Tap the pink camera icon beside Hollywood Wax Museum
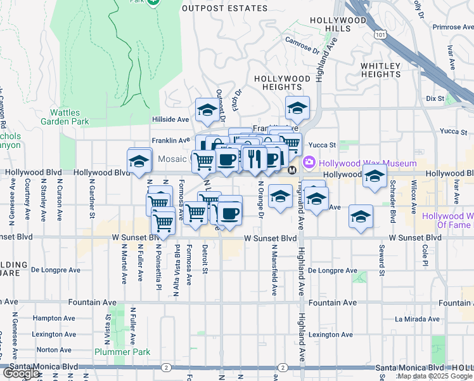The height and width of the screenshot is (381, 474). pos(309,161)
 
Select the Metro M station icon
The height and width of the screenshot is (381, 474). pos(292,171)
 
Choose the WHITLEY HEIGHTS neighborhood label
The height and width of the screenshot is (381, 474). pos(380,70)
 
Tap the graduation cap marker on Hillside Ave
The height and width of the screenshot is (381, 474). pos(207,111)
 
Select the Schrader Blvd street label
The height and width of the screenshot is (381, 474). pos(393,206)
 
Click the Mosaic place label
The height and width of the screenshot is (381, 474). pos(172,158)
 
